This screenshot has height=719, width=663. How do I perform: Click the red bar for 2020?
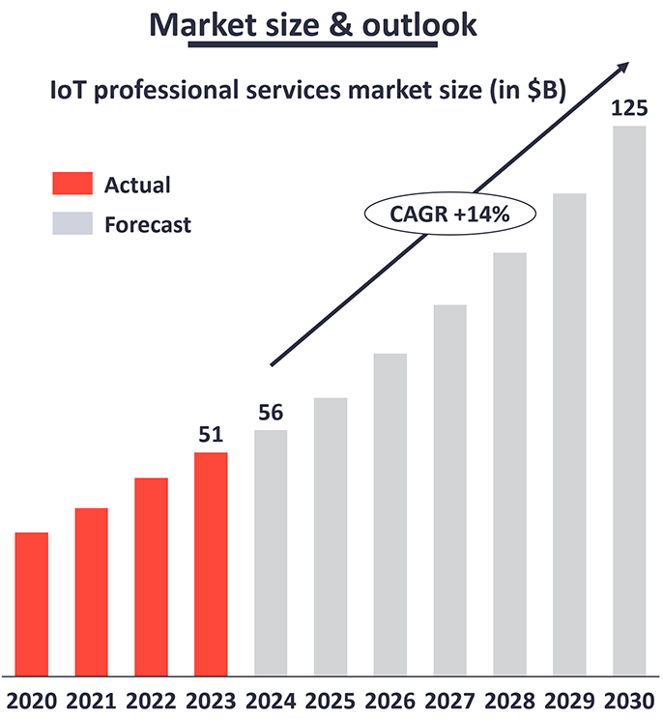[x=32, y=603]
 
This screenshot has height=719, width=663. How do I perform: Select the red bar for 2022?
[x=152, y=576]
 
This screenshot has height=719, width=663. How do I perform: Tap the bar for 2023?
[x=211, y=563]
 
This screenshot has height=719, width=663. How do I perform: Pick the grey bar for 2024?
[x=271, y=552]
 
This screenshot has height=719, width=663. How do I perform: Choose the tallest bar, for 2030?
[x=628, y=400]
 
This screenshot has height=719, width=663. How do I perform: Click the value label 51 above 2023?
[x=211, y=434]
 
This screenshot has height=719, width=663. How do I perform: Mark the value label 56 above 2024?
[x=271, y=412]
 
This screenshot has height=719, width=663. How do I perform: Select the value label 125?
[x=628, y=107]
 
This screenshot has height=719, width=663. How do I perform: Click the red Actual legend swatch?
[x=72, y=184]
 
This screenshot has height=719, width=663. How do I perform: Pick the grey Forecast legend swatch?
[x=72, y=224]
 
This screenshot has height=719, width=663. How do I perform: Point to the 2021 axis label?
[x=92, y=699]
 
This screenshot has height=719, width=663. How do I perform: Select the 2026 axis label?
[x=389, y=699]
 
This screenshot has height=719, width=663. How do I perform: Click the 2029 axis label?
[x=568, y=699]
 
